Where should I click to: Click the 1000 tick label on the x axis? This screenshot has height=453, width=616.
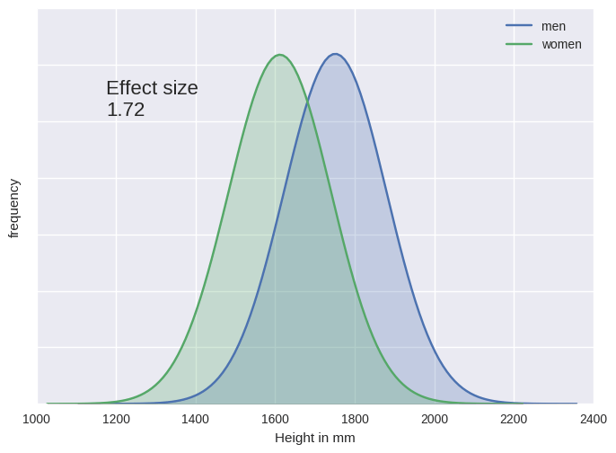pos(36,418)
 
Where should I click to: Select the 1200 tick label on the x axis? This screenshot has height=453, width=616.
pos(116,418)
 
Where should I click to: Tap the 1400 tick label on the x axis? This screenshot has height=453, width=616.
pos(196,418)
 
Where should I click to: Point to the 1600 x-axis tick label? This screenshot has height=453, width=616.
pos(275,418)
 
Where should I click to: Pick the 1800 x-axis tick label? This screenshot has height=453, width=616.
pos(355,418)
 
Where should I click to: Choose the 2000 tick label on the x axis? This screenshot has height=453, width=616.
pos(435,418)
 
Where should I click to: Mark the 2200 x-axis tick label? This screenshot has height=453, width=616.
pos(514,418)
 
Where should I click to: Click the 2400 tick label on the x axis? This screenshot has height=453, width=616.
pos(593,418)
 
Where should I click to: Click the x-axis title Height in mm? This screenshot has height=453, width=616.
pos(314,438)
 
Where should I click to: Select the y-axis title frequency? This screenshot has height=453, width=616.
pos(13,208)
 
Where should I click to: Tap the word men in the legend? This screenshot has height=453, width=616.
pos(553,26)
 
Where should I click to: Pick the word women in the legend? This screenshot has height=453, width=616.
pos(561,44)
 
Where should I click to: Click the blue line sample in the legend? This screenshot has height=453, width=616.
pos(519,26)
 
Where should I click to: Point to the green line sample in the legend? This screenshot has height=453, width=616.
pos(519,44)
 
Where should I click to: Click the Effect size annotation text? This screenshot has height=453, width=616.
pos(152,88)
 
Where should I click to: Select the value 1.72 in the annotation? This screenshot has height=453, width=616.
pos(126,110)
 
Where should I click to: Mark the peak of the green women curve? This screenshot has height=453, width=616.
pos(280,55)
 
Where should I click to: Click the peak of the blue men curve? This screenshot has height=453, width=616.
pos(336,54)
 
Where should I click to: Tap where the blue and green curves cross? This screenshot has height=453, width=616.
pos(307,99)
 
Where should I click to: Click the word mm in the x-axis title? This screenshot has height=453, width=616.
pos(345,438)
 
